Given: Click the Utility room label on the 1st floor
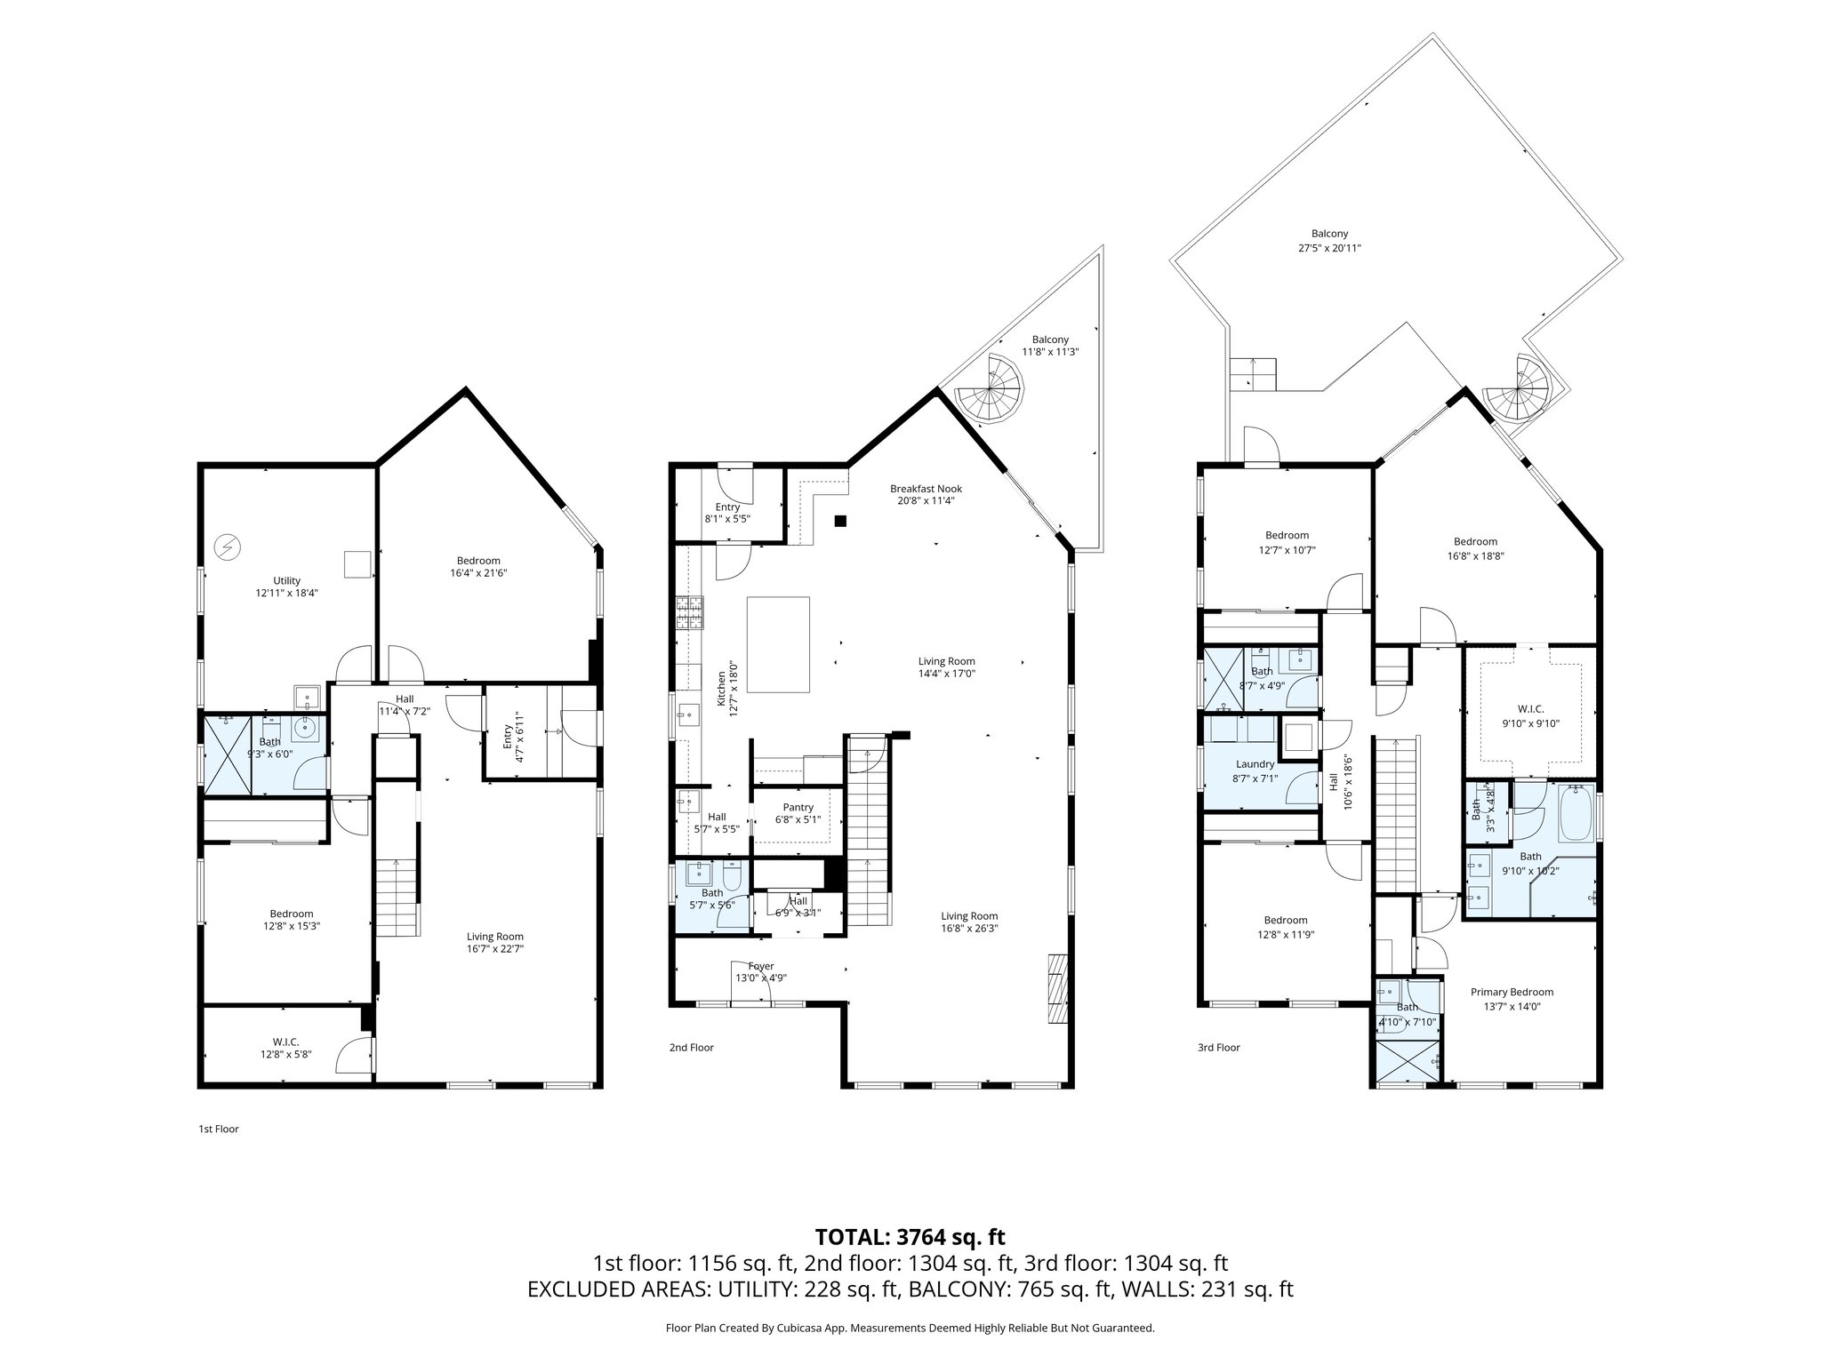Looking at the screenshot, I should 286,580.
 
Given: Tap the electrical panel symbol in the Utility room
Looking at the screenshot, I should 229,547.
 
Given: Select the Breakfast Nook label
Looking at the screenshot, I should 926,489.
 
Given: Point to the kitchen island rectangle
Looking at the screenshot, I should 778,644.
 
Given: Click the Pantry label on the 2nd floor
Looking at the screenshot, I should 798,808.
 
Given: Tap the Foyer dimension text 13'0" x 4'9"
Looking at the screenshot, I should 760,978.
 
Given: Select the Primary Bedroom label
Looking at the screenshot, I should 1512,993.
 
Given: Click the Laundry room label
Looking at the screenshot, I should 1255,764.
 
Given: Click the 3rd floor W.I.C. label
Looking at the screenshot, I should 1530,709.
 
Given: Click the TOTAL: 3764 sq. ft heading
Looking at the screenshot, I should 910,1237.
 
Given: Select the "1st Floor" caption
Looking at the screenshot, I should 218,1130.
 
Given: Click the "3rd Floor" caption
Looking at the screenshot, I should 1218,1048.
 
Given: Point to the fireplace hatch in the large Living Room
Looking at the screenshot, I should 1056,990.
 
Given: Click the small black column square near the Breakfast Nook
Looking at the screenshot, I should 840,521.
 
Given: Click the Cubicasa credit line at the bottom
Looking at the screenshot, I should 910,1328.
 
